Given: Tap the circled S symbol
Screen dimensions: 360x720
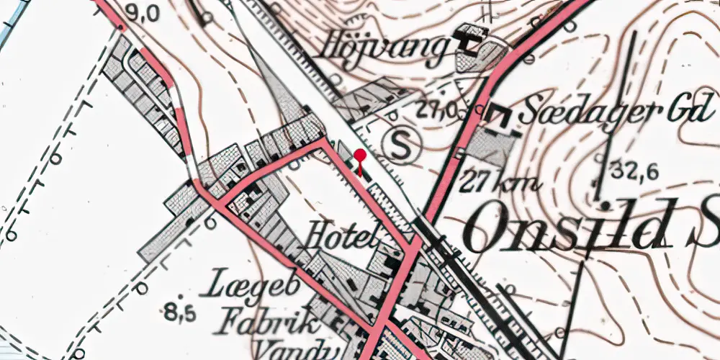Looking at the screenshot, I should [x=402, y=146].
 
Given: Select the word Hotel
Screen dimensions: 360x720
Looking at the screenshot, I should [x=341, y=235].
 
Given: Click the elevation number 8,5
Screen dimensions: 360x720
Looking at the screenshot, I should [x=179, y=312].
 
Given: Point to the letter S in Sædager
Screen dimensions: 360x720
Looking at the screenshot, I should [x=531, y=112].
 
